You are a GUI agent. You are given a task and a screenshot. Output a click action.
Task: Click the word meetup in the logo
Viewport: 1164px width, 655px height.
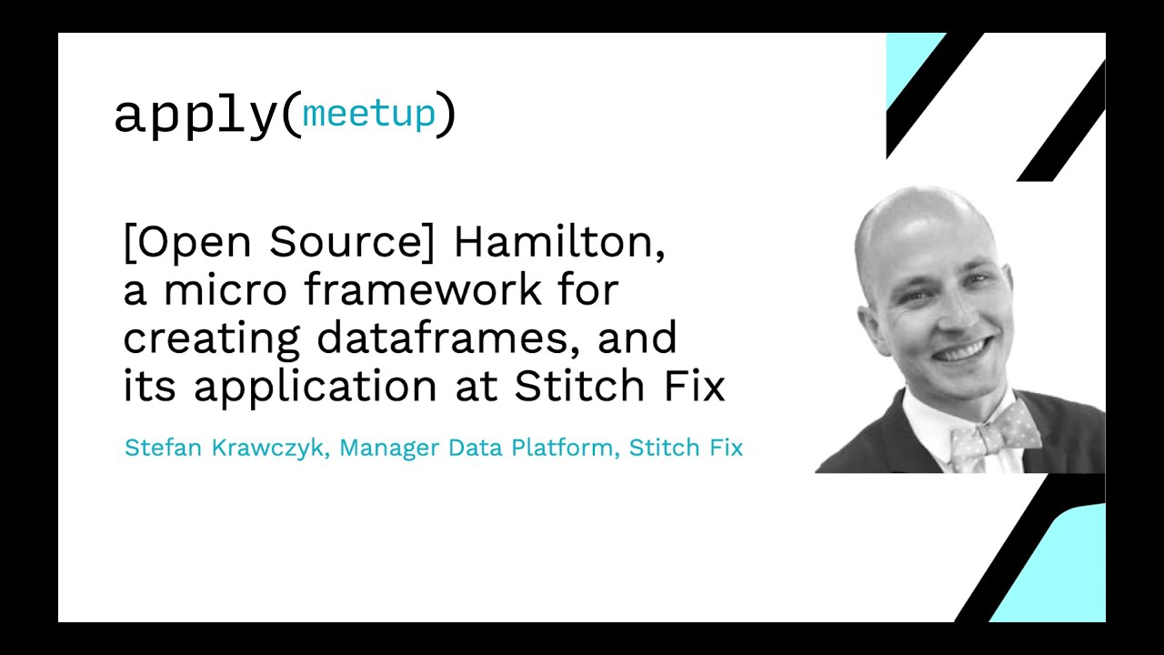coord(368,114)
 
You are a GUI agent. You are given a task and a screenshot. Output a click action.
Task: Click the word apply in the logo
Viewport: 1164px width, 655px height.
coord(196,116)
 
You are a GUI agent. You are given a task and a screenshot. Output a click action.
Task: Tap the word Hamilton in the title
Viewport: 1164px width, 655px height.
coord(559,243)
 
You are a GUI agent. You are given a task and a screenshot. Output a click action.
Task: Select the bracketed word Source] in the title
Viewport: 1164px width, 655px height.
coord(351,242)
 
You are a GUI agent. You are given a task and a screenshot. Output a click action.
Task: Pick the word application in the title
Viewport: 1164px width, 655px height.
coord(316,388)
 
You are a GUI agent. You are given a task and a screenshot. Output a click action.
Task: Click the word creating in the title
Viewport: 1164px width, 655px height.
coord(212,339)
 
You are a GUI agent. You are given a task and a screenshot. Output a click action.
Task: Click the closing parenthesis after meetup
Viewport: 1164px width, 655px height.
coord(446,115)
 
